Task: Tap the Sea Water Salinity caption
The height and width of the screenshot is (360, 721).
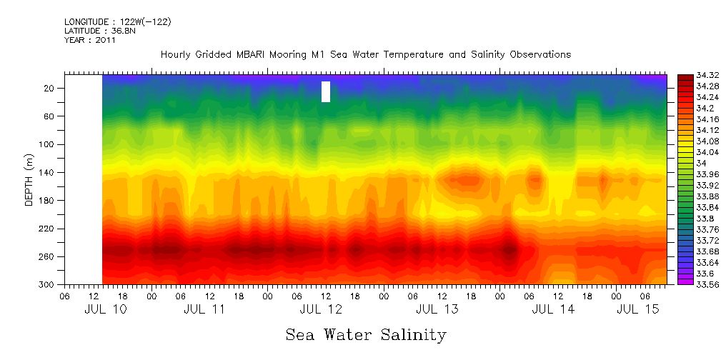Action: click(366, 335)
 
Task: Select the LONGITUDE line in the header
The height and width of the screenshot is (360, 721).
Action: click(117, 22)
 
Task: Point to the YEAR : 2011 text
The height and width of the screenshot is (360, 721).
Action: click(89, 40)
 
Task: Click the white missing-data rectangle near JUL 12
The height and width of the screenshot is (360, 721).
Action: click(326, 91)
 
